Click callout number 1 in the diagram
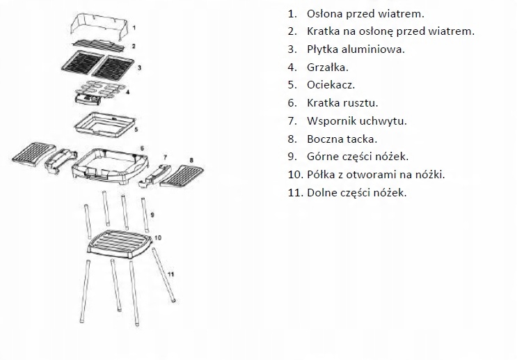[134, 27]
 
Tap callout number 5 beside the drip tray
[136, 130]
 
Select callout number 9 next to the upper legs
[152, 214]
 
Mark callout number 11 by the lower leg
[170, 274]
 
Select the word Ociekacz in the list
[331, 85]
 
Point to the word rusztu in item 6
[359, 103]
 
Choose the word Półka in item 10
[321, 175]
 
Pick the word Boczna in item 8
[326, 139]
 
